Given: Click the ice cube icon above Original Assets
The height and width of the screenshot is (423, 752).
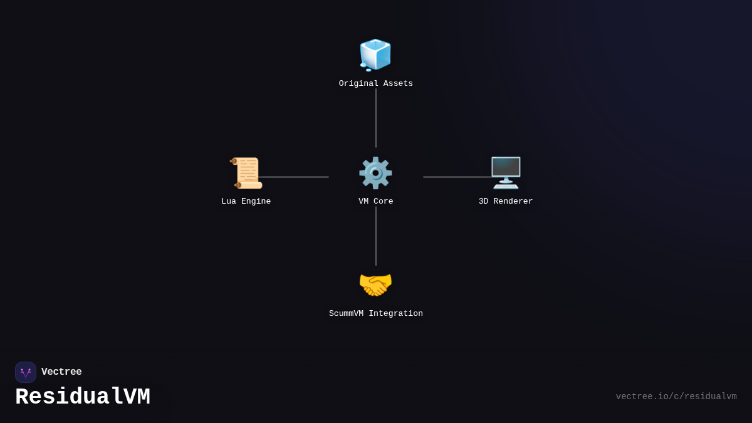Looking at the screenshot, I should (375, 55).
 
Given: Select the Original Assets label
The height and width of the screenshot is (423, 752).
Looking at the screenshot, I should (376, 84).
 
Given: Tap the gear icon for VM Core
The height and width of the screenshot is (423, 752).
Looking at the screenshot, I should (375, 173).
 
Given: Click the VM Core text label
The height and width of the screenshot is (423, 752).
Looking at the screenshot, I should (376, 202).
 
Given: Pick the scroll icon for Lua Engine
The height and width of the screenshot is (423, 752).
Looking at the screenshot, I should (246, 173).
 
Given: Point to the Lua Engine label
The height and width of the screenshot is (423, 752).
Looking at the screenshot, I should (246, 202).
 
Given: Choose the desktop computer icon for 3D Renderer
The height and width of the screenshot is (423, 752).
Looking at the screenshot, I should (506, 173).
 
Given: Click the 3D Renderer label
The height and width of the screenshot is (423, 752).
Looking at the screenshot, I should (506, 202).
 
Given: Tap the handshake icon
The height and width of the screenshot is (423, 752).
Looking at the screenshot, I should (375, 285).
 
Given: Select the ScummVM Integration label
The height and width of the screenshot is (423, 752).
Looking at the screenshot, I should (376, 314).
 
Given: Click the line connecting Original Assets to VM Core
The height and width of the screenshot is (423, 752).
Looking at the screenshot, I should (376, 118).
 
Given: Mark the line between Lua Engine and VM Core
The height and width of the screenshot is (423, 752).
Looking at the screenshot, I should (295, 177).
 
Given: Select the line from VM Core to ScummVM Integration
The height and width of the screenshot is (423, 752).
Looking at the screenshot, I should (376, 236).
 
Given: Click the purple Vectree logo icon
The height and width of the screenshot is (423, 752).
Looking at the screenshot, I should (26, 372).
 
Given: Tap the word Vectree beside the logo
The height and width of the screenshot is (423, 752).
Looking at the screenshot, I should (61, 372).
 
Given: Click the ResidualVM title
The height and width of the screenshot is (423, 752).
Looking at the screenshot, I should (83, 397).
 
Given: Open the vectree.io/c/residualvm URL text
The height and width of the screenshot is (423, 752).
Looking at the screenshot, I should (676, 397).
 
